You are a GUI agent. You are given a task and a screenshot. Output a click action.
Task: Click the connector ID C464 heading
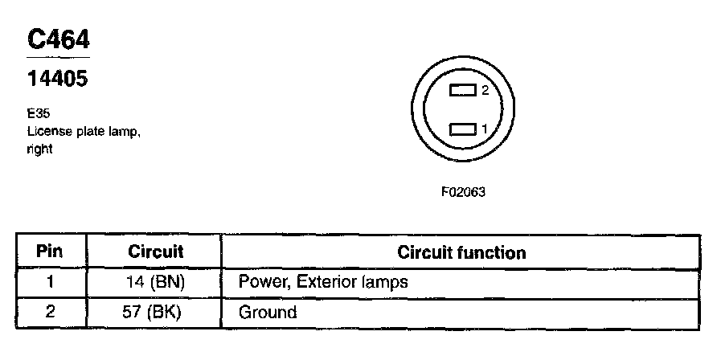[58, 40]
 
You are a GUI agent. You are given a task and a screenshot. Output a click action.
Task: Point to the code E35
[36, 115]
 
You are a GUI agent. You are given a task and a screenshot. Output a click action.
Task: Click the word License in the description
[47, 132]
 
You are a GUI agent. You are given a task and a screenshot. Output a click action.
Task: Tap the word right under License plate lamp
[39, 149]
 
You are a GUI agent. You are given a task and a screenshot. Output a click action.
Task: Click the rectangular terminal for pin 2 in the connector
[463, 91]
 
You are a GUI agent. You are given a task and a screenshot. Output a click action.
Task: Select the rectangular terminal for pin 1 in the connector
[463, 129]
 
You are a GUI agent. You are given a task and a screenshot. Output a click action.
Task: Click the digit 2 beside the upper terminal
[485, 91]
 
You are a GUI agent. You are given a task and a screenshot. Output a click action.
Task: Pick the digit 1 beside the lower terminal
[485, 129]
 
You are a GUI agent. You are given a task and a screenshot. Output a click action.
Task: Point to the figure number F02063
[464, 193]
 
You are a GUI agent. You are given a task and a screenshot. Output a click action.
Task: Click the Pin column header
[50, 252]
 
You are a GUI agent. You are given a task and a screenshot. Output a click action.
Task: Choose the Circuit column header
[156, 252]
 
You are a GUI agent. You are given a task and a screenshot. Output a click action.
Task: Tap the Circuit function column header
[461, 253]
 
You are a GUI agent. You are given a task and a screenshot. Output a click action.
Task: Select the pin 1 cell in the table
[50, 282]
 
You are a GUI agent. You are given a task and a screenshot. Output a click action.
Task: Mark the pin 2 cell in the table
[50, 312]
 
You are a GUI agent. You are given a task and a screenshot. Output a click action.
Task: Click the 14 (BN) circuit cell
[156, 282]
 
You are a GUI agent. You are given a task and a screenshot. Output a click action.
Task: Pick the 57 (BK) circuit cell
[156, 312]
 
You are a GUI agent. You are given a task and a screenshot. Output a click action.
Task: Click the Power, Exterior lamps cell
[323, 282]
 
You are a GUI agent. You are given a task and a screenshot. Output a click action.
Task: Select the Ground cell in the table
[268, 312]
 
